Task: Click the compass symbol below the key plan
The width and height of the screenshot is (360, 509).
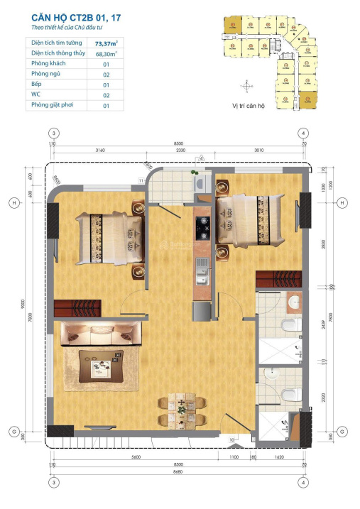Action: click(x=246, y=87)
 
